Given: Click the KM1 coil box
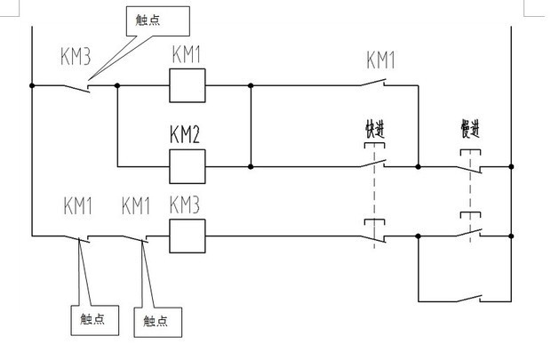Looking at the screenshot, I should tap(188, 86).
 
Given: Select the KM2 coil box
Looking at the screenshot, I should tap(188, 165).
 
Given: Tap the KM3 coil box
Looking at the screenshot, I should tap(188, 236).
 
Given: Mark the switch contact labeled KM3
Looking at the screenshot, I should tap(78, 86).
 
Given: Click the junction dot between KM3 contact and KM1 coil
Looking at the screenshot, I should tap(116, 86).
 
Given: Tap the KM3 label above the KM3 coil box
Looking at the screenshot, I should tap(185, 206).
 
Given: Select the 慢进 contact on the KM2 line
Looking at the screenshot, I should tap(471, 164).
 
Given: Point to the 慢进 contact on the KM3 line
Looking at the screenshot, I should tap(471, 236).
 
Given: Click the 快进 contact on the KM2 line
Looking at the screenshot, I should tap(375, 164).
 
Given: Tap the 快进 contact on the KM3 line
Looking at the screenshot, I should tap(375, 236).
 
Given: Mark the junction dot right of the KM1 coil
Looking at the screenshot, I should tap(251, 86).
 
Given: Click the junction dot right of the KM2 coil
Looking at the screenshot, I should tap(251, 165).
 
